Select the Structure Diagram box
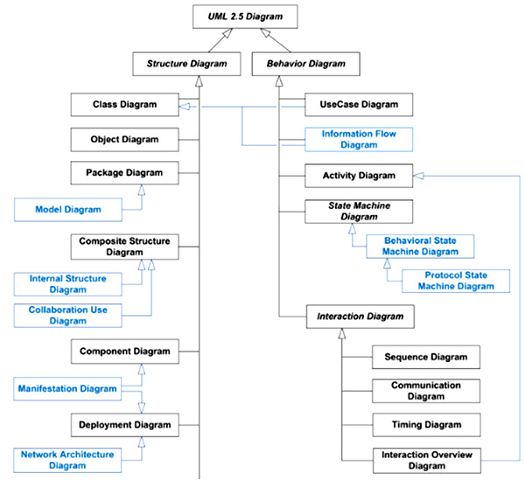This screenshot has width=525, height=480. pyautogui.click(x=186, y=63)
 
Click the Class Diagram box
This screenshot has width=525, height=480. pyautogui.click(x=124, y=105)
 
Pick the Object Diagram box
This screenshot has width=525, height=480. pyautogui.click(x=124, y=139)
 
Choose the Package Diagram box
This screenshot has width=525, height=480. pyautogui.click(x=124, y=172)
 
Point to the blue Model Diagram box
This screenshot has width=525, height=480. pyautogui.click(x=67, y=210)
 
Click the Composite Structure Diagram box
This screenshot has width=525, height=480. pyautogui.click(x=124, y=246)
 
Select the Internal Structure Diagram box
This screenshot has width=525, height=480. pyautogui.click(x=67, y=283)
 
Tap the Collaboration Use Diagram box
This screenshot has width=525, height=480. pyautogui.click(x=67, y=315)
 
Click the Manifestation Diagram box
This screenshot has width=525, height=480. pyautogui.click(x=67, y=388)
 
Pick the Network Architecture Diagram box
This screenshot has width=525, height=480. pyautogui.click(x=67, y=460)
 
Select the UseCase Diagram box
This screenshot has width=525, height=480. pyautogui.click(x=352, y=105)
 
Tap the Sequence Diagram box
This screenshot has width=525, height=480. pyautogui.click(x=426, y=357)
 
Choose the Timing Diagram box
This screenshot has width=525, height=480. pyautogui.click(x=426, y=425)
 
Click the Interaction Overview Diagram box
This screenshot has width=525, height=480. pyautogui.click(x=426, y=460)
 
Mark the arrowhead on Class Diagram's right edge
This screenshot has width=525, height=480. pyautogui.click(x=185, y=106)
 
